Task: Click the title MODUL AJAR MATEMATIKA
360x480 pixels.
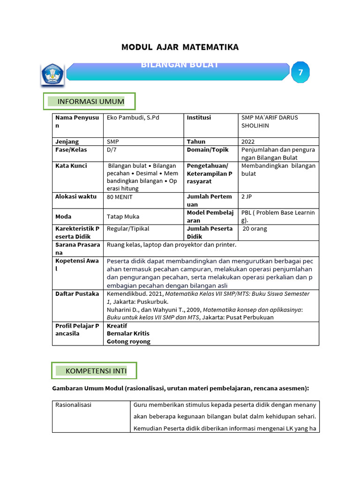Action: click(180, 47)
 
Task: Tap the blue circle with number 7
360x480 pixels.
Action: click(300, 73)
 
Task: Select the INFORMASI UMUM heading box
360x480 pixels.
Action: click(90, 102)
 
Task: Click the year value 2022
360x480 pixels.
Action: click(248, 142)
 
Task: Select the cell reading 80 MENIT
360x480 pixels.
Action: click(120, 197)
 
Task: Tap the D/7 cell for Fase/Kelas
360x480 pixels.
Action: click(112, 150)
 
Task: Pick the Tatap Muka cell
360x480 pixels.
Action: click(123, 217)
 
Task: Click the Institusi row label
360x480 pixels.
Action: click(199, 118)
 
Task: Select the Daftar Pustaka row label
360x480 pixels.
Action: click(77, 294)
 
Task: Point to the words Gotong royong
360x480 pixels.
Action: click(128, 341)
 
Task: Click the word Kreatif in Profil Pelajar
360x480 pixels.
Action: click(117, 326)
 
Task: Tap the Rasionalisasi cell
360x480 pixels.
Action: click(73, 405)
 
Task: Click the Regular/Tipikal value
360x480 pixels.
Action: click(127, 229)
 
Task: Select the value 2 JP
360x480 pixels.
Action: click(247, 197)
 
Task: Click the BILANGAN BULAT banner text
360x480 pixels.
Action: click(180, 65)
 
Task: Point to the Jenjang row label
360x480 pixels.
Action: click(67, 142)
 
